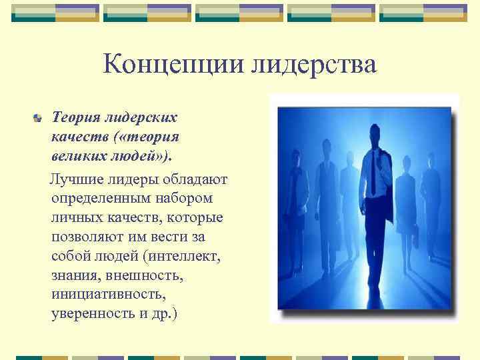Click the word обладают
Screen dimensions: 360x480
coord(196,180)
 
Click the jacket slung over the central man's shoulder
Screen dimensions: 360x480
coord(387,193)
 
